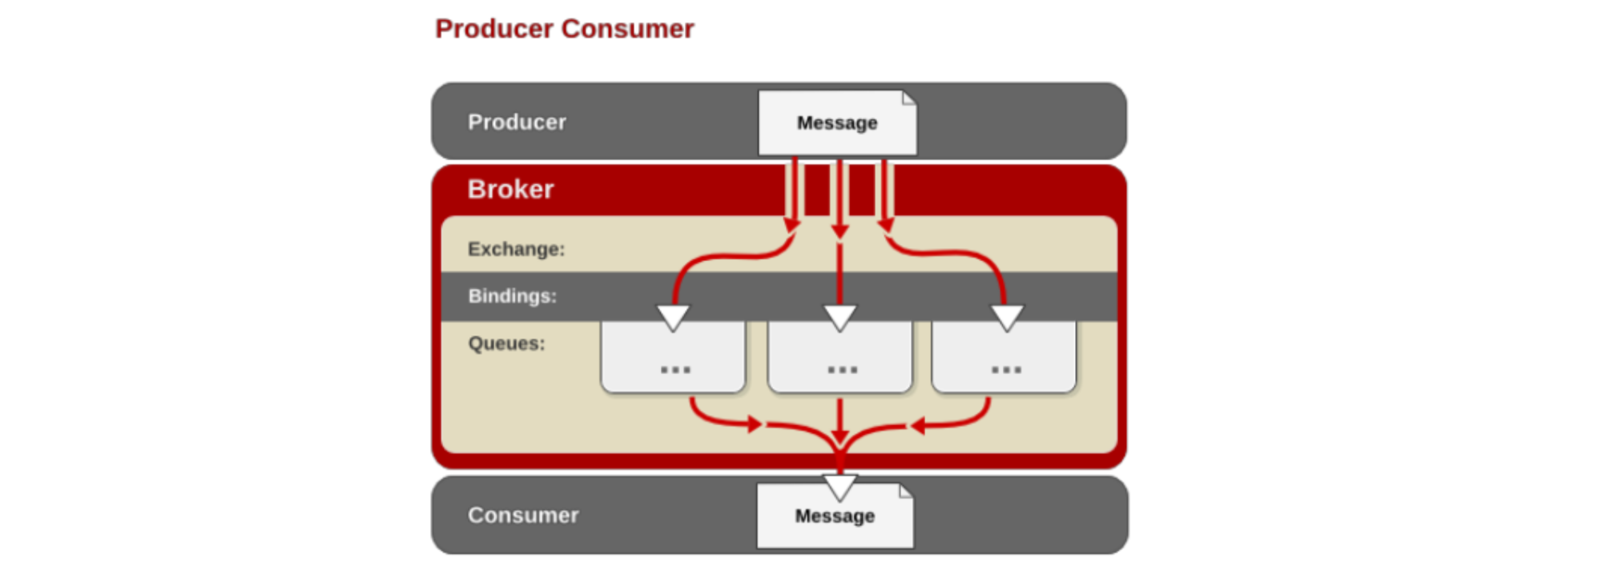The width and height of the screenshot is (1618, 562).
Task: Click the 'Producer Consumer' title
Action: coord(564,29)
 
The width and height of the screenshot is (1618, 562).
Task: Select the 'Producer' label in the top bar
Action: coord(517,122)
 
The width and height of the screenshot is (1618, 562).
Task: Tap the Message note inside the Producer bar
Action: coord(837,122)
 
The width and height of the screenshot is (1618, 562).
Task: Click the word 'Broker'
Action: coord(510,189)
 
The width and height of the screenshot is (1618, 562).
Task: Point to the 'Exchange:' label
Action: coord(516,249)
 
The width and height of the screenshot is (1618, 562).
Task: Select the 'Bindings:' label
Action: coord(512,295)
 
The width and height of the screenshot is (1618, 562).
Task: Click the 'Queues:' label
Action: coord(506,343)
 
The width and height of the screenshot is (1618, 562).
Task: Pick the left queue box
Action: coord(673,357)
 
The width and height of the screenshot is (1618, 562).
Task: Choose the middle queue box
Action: coord(839,357)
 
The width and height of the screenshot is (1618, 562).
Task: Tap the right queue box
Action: coord(1004,357)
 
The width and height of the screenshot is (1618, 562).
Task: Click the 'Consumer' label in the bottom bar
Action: coord(523,515)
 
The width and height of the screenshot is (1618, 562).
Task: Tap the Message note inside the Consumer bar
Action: coord(835,516)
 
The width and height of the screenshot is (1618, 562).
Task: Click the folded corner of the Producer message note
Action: coord(909,98)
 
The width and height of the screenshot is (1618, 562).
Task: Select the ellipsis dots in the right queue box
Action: coord(1006,370)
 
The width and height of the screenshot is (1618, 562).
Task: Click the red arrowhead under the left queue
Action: coord(755,424)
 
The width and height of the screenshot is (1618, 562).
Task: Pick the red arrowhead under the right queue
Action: coord(918,425)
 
